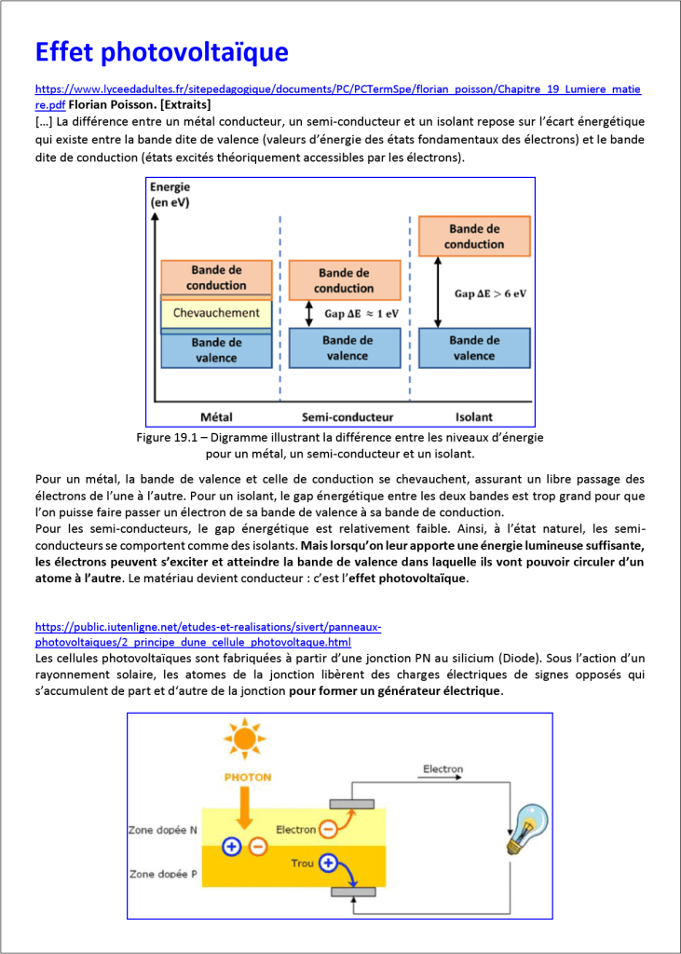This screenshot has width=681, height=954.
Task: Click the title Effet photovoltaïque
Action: [x=161, y=51]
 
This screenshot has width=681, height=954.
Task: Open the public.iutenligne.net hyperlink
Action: [x=208, y=627]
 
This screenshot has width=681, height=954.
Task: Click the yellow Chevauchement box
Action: [x=216, y=313]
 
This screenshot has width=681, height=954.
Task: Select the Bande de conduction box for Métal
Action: [x=216, y=278]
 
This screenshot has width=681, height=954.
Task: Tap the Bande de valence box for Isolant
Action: [x=474, y=348]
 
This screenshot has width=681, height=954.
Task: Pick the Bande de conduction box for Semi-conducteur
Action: [x=344, y=280]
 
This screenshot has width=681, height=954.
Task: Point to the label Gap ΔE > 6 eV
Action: [x=490, y=293]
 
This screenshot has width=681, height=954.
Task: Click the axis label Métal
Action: [x=216, y=416]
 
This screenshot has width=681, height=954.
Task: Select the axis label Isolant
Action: [x=473, y=416]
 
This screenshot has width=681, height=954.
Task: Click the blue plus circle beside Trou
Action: [x=328, y=864]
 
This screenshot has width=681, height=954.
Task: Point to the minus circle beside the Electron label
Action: [x=328, y=828]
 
